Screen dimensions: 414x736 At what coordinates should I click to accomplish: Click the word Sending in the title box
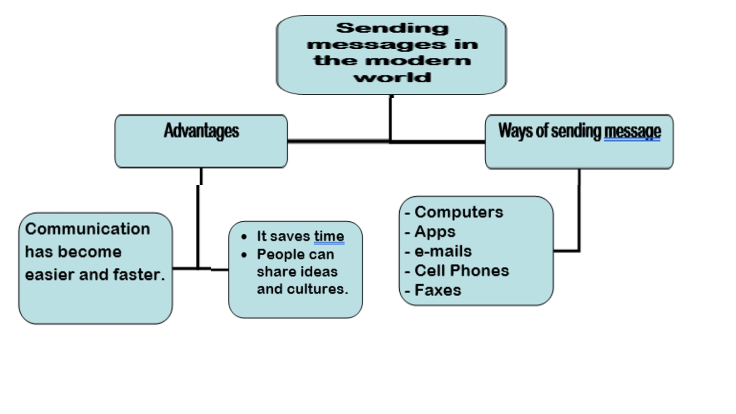pos(392,28)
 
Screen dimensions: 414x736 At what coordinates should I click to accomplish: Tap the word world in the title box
pos(392,77)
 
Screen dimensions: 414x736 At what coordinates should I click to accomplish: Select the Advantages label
pos(201,131)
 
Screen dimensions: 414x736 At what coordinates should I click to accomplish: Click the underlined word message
pos(632,131)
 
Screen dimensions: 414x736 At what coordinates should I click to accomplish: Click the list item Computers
pos(459,212)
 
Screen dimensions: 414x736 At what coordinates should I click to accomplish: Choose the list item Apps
pos(435,231)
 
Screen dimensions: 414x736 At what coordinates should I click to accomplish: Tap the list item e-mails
pos(443,251)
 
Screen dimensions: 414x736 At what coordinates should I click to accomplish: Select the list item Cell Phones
pos(461,270)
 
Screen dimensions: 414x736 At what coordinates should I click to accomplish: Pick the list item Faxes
pos(437,290)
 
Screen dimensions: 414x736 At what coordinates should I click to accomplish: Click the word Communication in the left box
pos(87,229)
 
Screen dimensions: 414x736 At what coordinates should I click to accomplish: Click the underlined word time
pos(329,236)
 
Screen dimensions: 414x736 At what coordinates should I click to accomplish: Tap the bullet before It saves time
pos(244,236)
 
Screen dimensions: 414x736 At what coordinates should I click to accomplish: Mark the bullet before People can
pos(244,254)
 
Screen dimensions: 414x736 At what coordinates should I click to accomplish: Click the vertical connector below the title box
pos(391,118)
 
